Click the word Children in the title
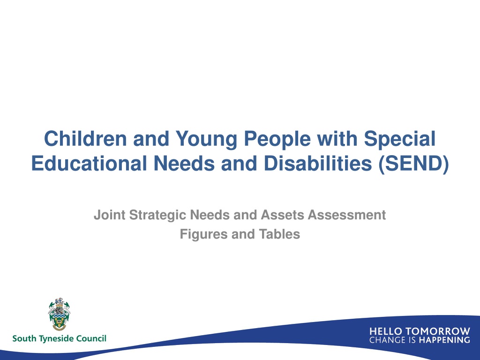85,139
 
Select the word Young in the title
206,140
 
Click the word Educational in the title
89,163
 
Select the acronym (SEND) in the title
413,164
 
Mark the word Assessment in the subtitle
346,215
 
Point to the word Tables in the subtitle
279,234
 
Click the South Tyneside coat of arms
59,314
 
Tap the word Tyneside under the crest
56,339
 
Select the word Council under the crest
91,338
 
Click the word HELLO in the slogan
385,331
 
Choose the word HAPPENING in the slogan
444,340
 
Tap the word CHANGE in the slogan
385,340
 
